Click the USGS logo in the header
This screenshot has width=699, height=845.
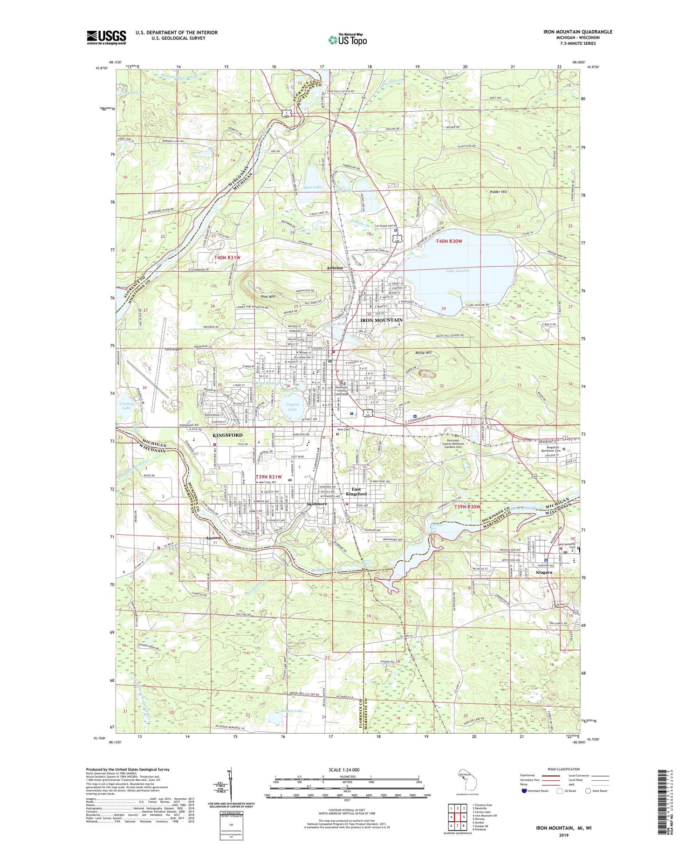(x=106, y=37)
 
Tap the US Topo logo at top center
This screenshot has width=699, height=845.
(x=347, y=40)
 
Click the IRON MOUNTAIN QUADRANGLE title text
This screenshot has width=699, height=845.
(x=577, y=32)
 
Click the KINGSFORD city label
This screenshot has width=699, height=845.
(x=227, y=435)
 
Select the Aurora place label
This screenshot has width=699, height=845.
(x=213, y=538)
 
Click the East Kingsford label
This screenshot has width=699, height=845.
(x=356, y=491)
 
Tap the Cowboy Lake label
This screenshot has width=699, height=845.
(x=126, y=405)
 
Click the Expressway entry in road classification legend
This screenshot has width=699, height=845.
(x=529, y=776)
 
